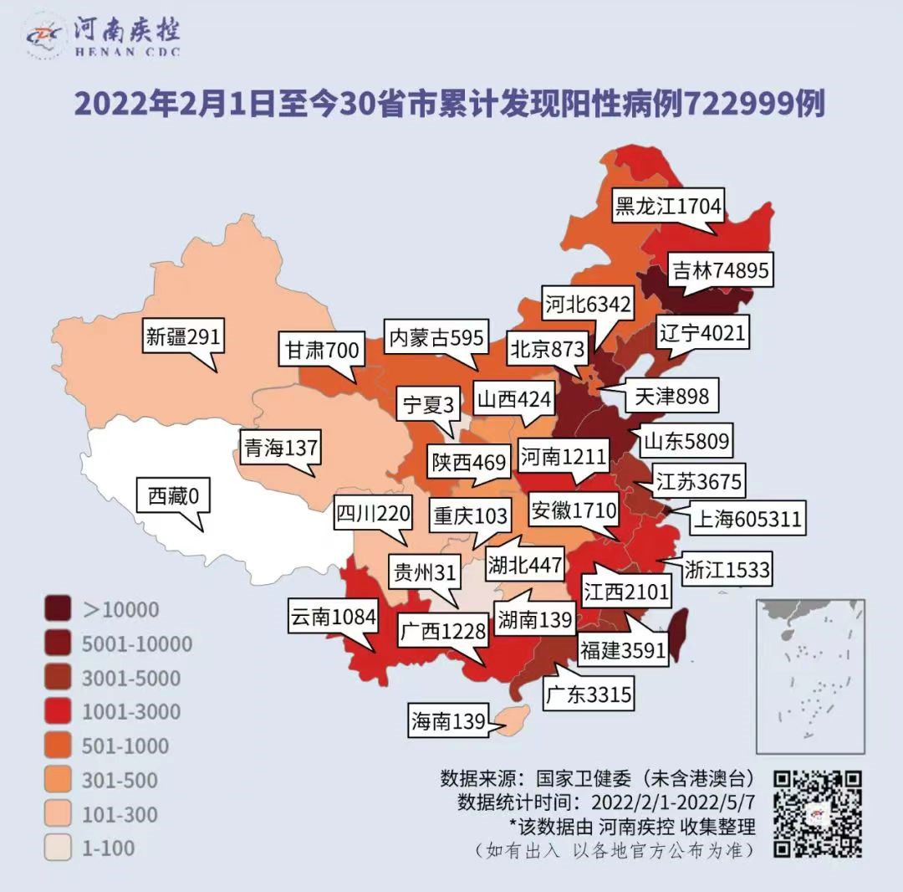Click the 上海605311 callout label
(747, 520)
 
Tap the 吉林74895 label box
(720, 270)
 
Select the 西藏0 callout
(173, 496)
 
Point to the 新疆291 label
(182, 336)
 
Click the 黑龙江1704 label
(667, 206)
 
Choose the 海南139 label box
(448, 721)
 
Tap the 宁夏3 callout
(427, 406)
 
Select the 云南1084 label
(332, 618)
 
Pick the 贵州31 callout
(424, 573)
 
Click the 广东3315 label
(587, 694)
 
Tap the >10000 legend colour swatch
(59, 609)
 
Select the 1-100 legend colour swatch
(59, 848)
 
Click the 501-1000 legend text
(125, 746)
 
